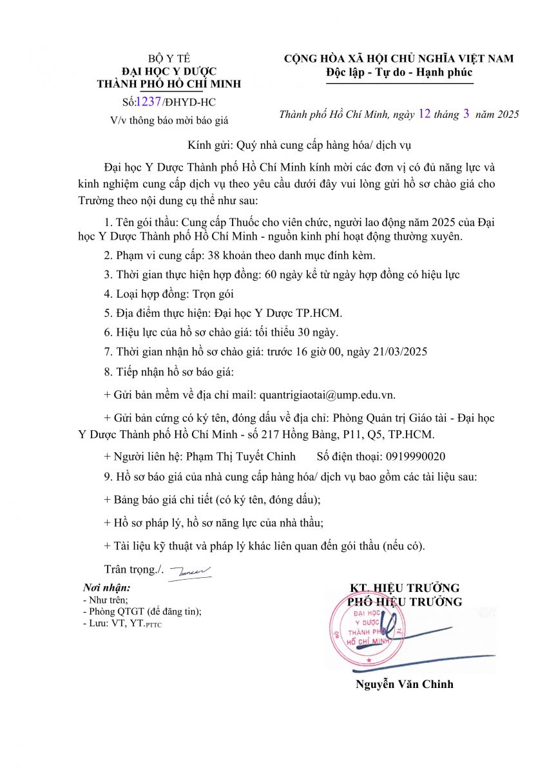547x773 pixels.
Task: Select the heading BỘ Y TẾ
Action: coord(169,59)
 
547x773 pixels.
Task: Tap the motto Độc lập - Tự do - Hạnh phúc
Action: coord(399,72)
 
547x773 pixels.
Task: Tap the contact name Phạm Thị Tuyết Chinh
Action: coord(241,456)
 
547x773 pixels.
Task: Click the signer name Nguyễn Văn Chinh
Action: coord(405,684)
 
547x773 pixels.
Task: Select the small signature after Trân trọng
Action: coord(189,571)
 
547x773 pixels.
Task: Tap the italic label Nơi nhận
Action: coord(107,588)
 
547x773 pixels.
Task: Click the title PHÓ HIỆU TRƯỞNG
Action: coord(405,602)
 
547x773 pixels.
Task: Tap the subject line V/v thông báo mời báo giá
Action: coord(169,120)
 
